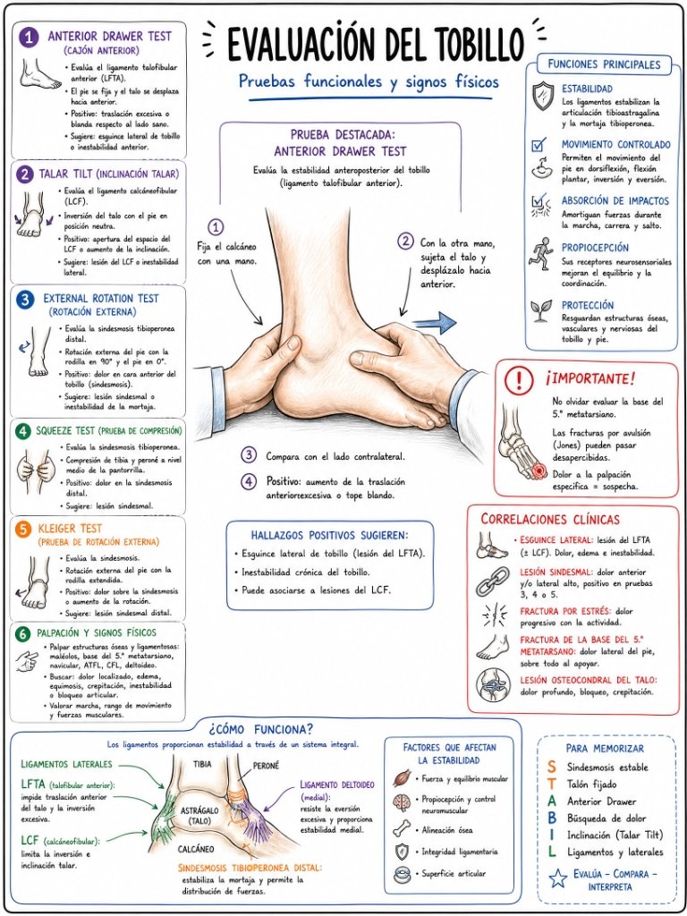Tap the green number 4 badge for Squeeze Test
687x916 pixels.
[x=23, y=432]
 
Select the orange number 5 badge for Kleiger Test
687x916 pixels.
[x=23, y=530]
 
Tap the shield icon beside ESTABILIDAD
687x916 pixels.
[x=543, y=95]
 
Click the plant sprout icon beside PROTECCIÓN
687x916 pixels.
[x=541, y=311]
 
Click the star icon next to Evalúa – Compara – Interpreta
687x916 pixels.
[x=558, y=879]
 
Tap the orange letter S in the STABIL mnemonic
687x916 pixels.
[x=552, y=767]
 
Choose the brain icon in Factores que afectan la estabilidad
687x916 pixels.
[x=402, y=802]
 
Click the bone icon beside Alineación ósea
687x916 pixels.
[x=402, y=828]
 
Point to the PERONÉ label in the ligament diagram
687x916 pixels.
[x=266, y=765]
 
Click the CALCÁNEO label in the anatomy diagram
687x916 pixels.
[x=196, y=849]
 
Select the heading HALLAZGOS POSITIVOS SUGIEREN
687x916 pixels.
[x=329, y=535]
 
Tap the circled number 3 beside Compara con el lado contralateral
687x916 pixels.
[x=250, y=455]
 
